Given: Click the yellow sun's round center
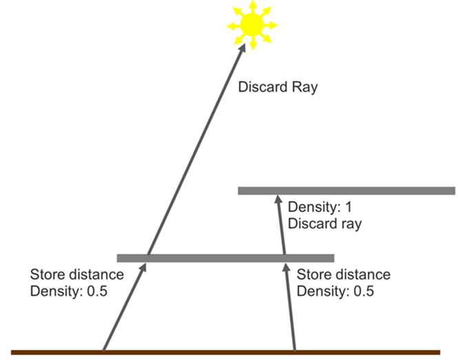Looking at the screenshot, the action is point(253,25).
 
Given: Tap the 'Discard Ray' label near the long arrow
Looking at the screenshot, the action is point(278,87).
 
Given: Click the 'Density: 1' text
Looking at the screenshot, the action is point(320,207).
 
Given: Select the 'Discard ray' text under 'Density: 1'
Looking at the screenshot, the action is point(325,224).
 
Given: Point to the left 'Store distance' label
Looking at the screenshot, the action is point(77,275).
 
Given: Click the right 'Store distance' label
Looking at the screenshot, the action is point(344,275).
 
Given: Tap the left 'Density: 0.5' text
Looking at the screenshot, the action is point(69,291).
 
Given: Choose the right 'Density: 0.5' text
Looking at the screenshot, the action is point(335,291).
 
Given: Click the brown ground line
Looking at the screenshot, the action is point(225,352).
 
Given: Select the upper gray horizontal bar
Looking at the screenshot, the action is point(346,191).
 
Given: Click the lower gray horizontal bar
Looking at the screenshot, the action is point(225,258).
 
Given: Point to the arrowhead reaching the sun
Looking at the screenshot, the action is point(242,48).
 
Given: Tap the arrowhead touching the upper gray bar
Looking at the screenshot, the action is point(278,200).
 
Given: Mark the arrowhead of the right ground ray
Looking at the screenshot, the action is point(286,267).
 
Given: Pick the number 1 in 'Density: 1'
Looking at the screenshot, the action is point(348,207).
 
